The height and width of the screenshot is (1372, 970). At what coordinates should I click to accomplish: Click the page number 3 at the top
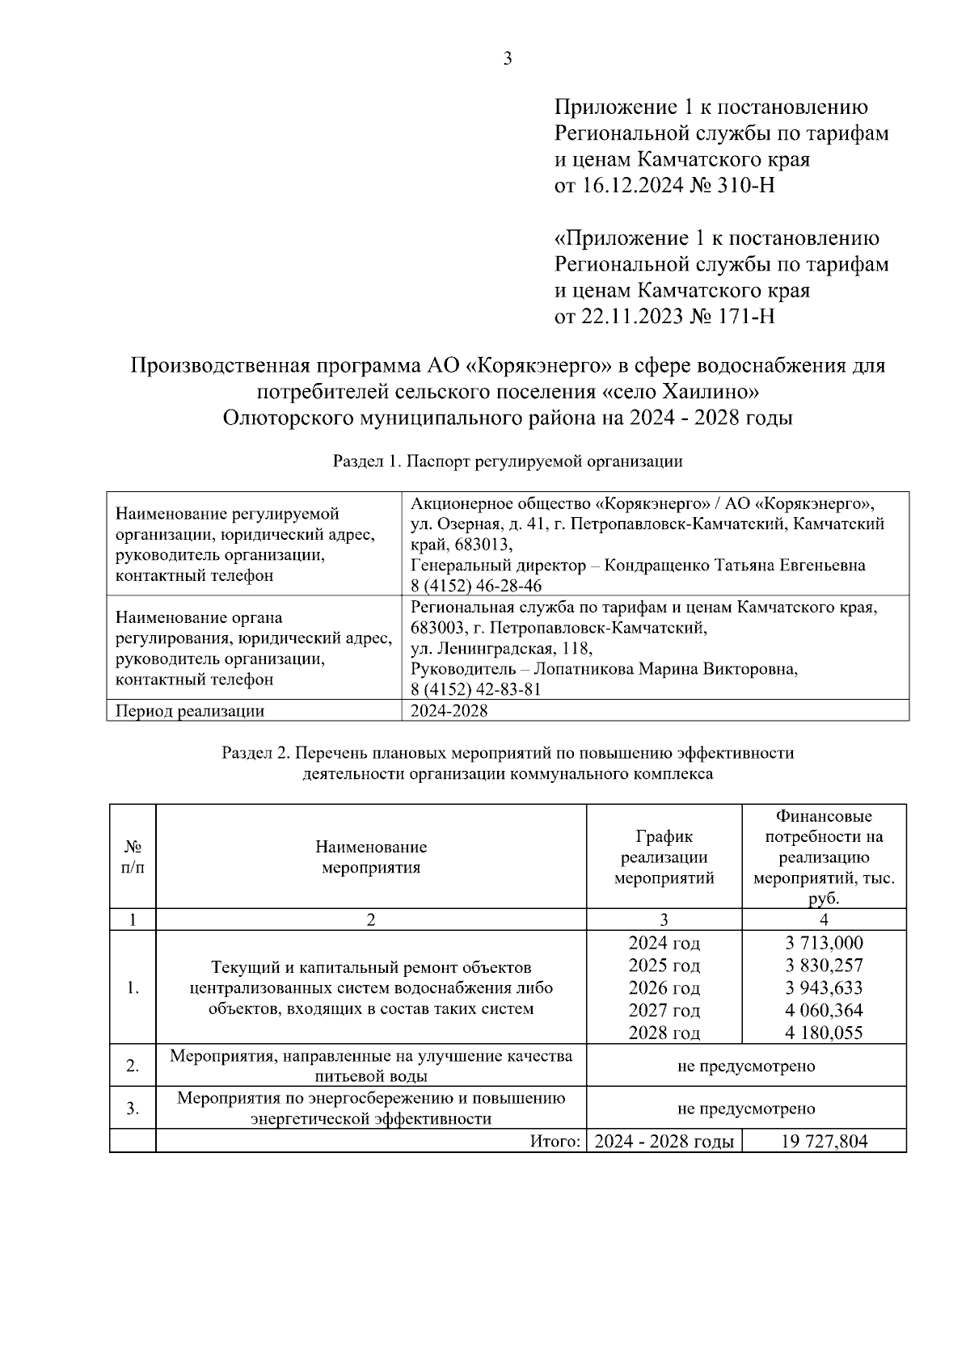pyautogui.click(x=508, y=59)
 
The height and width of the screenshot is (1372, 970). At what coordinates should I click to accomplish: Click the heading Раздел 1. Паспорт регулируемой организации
pyautogui.click(x=508, y=462)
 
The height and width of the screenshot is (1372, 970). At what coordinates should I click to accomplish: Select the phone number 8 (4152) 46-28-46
pyautogui.click(x=476, y=586)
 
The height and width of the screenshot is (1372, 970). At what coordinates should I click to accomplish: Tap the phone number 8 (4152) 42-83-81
pyautogui.click(x=476, y=689)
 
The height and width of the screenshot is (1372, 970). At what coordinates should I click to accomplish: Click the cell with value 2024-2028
pyautogui.click(x=449, y=711)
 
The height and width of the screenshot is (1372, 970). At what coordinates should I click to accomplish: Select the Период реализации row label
pyautogui.click(x=190, y=711)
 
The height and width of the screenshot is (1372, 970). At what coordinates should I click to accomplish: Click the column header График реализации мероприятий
pyautogui.click(x=664, y=857)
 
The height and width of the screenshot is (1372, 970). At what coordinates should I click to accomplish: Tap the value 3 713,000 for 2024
pyautogui.click(x=824, y=943)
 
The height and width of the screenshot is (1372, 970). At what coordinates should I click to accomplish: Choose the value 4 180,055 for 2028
pyautogui.click(x=824, y=1033)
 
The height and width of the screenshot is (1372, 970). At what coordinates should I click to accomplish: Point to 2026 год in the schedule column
pyautogui.click(x=664, y=988)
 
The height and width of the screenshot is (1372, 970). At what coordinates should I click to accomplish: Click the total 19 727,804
pyautogui.click(x=824, y=1142)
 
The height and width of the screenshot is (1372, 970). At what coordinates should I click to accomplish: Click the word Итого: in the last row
pyautogui.click(x=555, y=1142)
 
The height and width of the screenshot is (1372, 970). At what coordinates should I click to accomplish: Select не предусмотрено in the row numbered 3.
pyautogui.click(x=745, y=1109)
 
